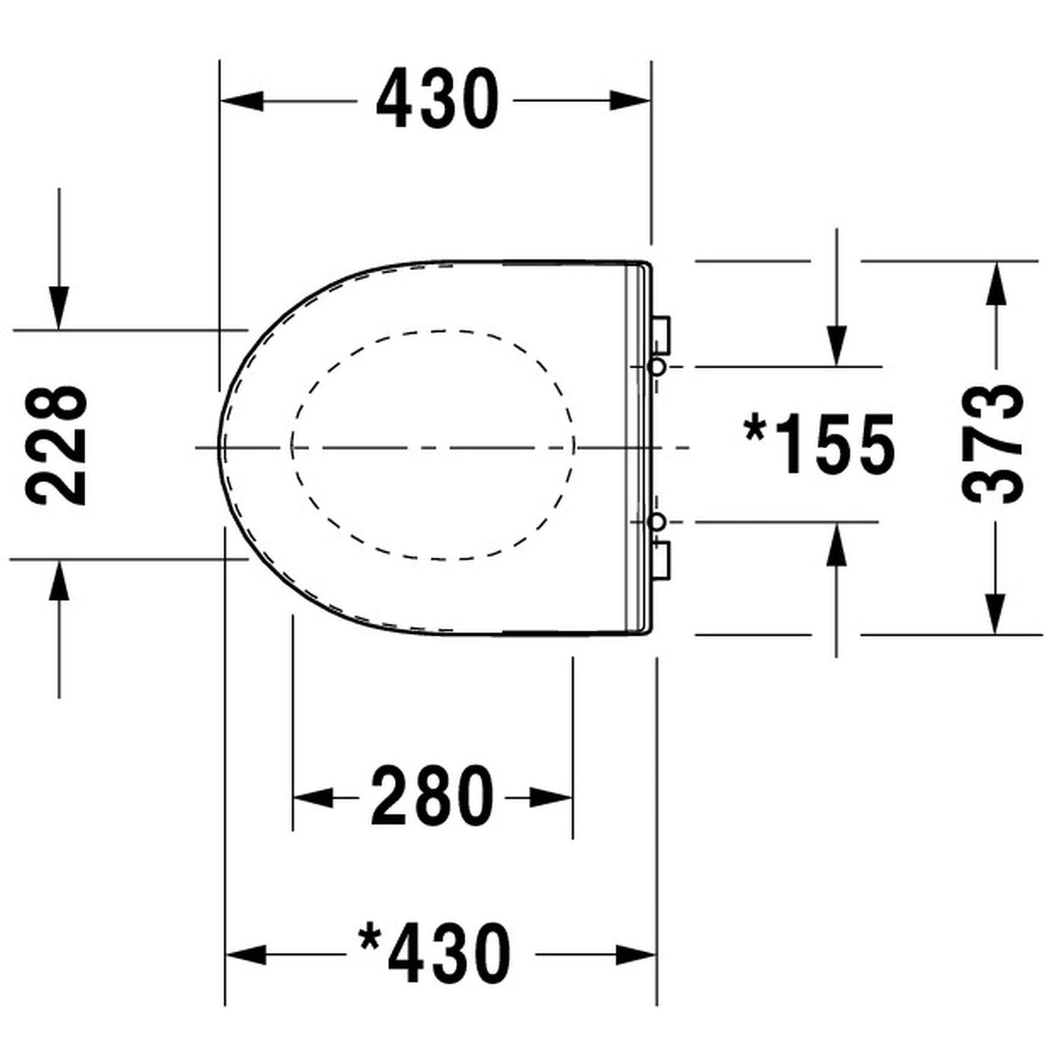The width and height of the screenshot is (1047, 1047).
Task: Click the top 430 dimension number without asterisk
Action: pyautogui.click(x=436, y=100)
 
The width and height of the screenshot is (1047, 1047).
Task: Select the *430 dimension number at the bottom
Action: pyautogui.click(x=435, y=954)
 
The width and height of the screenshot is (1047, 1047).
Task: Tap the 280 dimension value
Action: pyautogui.click(x=433, y=795)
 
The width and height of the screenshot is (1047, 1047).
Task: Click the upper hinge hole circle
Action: pyautogui.click(x=656, y=367)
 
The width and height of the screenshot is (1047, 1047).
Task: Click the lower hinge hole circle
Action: pyautogui.click(x=656, y=523)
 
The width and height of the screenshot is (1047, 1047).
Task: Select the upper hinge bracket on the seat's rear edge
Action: pyautogui.click(x=662, y=334)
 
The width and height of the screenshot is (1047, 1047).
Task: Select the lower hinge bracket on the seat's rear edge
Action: pyautogui.click(x=662, y=558)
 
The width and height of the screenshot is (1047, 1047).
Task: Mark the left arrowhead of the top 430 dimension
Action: pyautogui.click(x=241, y=100)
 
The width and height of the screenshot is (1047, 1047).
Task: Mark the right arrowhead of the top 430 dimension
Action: pyautogui.click(x=630, y=100)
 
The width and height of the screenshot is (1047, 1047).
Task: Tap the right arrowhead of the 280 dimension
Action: pyautogui.click(x=552, y=796)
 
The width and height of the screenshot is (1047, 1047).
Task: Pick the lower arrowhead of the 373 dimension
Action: pyautogui.click(x=994, y=613)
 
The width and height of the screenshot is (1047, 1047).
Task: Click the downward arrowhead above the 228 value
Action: pyautogui.click(x=59, y=307)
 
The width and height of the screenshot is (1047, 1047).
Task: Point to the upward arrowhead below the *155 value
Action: pyautogui.click(x=835, y=545)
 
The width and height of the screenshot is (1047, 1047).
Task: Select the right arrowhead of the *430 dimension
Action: pyautogui.click(x=636, y=954)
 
